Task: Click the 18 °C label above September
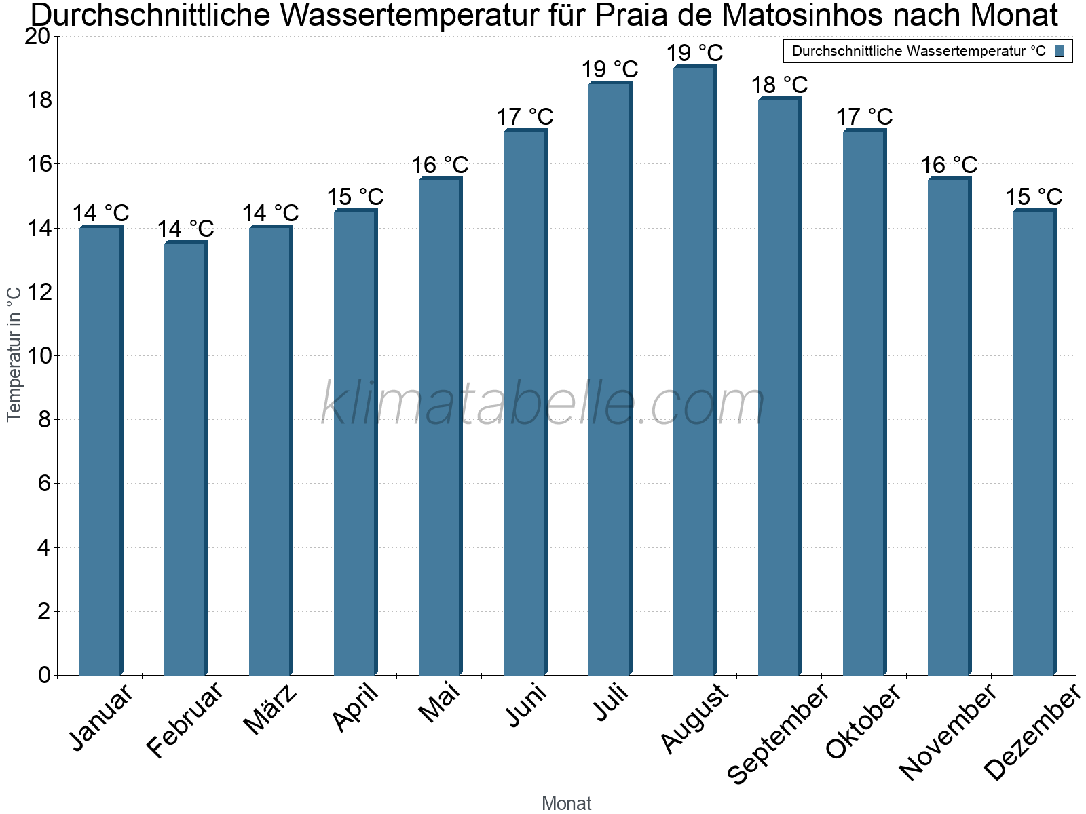pos(779,85)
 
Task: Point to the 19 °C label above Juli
pos(610,69)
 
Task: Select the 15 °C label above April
pos(355,197)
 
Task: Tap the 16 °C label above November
pos(949,165)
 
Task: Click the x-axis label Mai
pos(439,703)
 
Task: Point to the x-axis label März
pos(270,710)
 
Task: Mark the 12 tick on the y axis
pos(41,292)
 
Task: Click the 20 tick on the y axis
pos(37,37)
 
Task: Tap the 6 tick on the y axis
pos(45,484)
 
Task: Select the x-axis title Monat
pos(566,803)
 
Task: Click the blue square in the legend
pos(1060,51)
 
